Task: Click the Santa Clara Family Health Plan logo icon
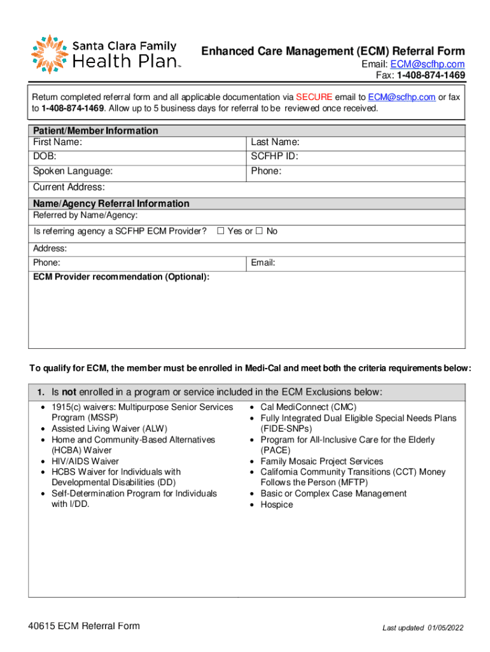(x=49, y=54)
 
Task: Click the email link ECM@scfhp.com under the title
(x=427, y=64)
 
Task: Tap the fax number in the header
(x=431, y=75)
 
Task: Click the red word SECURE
(x=314, y=97)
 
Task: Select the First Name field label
(x=57, y=142)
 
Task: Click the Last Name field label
(x=275, y=142)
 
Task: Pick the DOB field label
(x=45, y=156)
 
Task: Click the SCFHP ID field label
(x=274, y=156)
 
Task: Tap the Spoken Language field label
(x=73, y=171)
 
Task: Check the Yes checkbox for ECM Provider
(x=221, y=231)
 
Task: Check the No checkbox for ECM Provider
(x=259, y=231)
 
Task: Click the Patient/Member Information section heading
(x=95, y=131)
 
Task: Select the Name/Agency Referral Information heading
(x=111, y=204)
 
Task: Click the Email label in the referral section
(x=263, y=262)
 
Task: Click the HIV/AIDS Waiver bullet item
(x=85, y=461)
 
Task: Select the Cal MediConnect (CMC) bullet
(x=308, y=407)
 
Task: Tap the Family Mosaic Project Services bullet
(x=321, y=461)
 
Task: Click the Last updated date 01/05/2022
(x=445, y=628)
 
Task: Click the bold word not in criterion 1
(x=68, y=392)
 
